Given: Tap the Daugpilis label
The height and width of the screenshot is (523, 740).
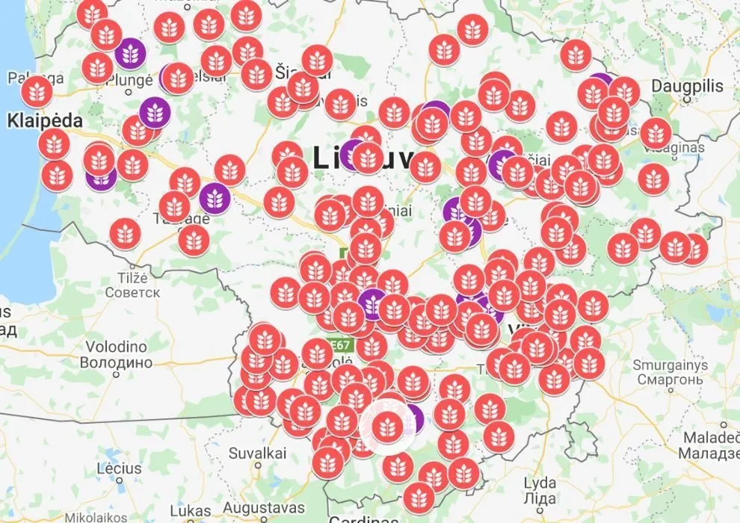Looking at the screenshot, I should click(x=687, y=86).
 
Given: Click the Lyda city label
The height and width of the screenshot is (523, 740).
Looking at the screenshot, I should click(x=540, y=482).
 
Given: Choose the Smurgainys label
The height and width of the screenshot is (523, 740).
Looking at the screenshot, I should click(x=670, y=365).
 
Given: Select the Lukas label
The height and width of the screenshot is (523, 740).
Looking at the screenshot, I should click(x=190, y=510).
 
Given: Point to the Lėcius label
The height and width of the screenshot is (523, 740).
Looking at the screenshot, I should click(x=119, y=468).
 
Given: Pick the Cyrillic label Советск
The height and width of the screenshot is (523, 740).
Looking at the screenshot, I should click(x=133, y=291).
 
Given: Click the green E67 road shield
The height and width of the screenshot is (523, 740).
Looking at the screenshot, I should click(x=341, y=345).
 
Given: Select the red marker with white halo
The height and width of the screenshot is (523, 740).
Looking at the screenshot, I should click(x=386, y=426).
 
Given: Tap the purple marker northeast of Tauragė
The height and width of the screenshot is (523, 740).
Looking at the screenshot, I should click(x=215, y=198).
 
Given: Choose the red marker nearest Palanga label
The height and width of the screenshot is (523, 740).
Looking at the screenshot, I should click(x=37, y=91).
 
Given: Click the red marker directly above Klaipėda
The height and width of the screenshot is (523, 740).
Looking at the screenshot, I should click(x=54, y=143).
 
